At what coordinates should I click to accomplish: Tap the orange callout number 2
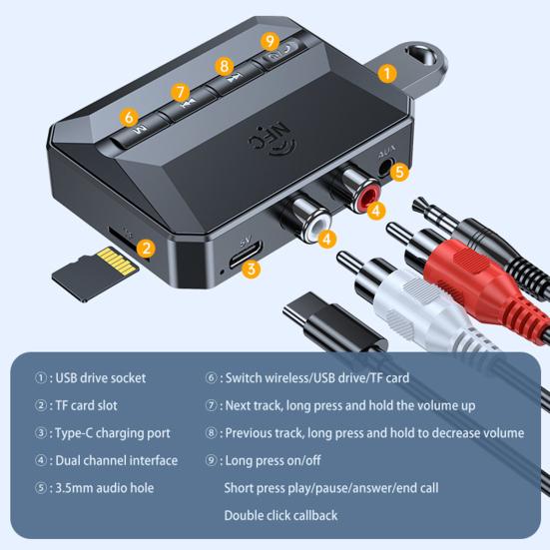pyautogui.click(x=146, y=249)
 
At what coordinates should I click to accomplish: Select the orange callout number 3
pyautogui.click(x=252, y=268)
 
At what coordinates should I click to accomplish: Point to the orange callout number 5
pyautogui.click(x=399, y=173)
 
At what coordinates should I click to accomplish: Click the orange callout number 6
pyautogui.click(x=129, y=117)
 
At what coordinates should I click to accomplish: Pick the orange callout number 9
pyautogui.click(x=270, y=41)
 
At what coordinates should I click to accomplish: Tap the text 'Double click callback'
pyautogui.click(x=280, y=515)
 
